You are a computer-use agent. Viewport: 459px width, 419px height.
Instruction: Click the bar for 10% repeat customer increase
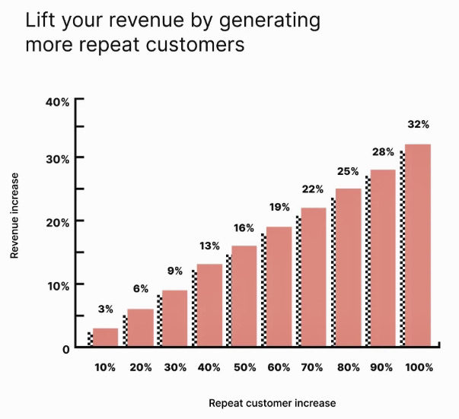[106, 338]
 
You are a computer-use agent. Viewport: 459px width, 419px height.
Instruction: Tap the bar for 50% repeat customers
[244, 296]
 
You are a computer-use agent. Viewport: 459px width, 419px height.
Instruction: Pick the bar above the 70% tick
[314, 277]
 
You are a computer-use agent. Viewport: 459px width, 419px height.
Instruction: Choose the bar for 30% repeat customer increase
[175, 319]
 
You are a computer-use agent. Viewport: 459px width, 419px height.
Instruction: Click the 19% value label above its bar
[279, 207]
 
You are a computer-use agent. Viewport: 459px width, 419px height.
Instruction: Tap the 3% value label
[106, 309]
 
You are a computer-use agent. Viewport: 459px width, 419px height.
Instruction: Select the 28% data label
[383, 151]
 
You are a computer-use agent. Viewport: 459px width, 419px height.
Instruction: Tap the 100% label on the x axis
[418, 367]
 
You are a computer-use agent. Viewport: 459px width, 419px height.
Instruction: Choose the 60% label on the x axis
[279, 367]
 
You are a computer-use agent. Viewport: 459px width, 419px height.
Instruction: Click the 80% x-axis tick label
[348, 367]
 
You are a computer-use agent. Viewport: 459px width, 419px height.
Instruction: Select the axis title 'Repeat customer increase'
[272, 403]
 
